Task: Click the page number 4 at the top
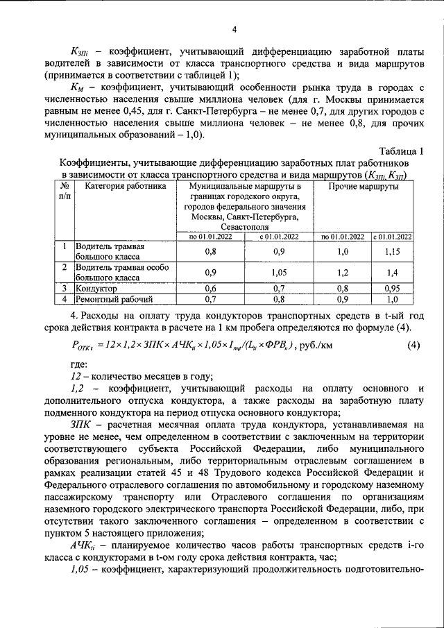coord(234,28)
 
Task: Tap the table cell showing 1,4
coord(393,272)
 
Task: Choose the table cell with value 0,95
coord(393,288)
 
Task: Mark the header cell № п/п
coord(65,192)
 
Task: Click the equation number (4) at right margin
coord(413,343)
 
